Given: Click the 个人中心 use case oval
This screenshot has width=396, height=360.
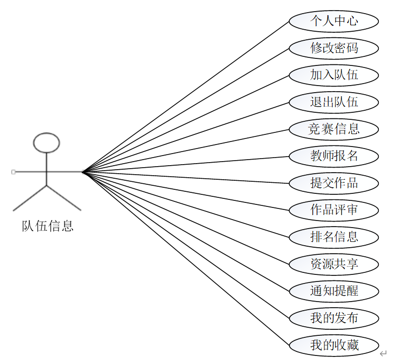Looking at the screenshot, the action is pyautogui.click(x=334, y=21).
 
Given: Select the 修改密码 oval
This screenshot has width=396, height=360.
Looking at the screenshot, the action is pyautogui.click(x=334, y=48).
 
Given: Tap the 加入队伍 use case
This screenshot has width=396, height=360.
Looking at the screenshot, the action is pyautogui.click(x=334, y=75).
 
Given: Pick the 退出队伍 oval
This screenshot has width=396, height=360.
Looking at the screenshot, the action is pyautogui.click(x=334, y=102).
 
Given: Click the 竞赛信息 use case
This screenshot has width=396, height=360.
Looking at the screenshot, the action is pyautogui.click(x=334, y=129).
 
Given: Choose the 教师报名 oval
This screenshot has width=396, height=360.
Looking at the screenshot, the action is pyautogui.click(x=334, y=156).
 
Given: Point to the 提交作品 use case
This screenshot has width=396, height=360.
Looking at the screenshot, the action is pyautogui.click(x=334, y=183).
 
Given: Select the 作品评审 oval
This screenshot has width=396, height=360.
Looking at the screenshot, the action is pyautogui.click(x=334, y=210).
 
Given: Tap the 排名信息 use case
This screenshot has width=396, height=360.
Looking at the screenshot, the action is pyautogui.click(x=334, y=237).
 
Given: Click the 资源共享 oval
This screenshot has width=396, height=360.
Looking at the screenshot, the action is pyautogui.click(x=334, y=264).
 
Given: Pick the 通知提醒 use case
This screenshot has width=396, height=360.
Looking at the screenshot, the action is pyautogui.click(x=334, y=291).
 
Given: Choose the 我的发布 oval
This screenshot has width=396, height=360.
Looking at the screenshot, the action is pyautogui.click(x=334, y=318).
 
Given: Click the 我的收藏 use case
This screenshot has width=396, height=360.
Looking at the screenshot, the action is pyautogui.click(x=334, y=345).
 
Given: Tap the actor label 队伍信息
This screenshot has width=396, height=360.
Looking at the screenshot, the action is pyautogui.click(x=47, y=226).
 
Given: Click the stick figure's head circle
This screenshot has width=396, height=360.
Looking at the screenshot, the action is pyautogui.click(x=46, y=142).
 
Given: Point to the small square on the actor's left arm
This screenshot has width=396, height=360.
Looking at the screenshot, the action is pyautogui.click(x=13, y=172).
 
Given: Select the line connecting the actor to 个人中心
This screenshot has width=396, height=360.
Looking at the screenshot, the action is pyautogui.click(x=185, y=97).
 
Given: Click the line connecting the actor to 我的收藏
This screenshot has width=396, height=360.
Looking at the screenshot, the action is pyautogui.click(x=185, y=258).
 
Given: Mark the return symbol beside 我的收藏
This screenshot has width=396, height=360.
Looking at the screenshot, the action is pyautogui.click(x=383, y=353).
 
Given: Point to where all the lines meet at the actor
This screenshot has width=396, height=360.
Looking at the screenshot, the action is pyautogui.click(x=82, y=172).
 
